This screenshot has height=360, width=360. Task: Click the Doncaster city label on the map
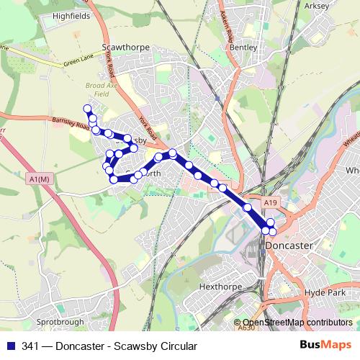(289, 246)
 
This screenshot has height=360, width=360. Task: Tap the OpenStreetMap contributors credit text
(297, 323)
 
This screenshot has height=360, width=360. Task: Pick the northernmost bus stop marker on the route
(88, 109)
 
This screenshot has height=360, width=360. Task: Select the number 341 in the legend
(31, 346)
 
